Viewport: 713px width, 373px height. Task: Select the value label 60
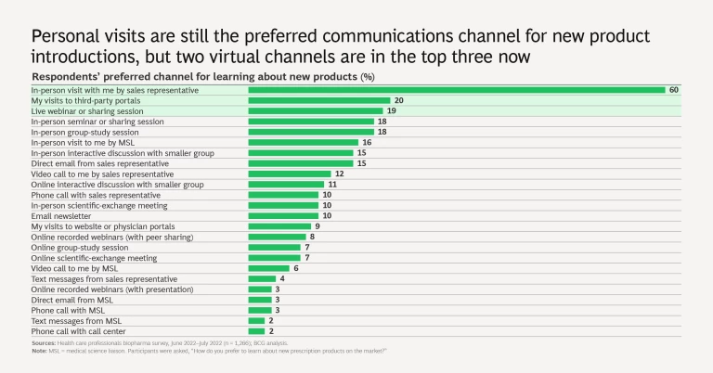point(675,90)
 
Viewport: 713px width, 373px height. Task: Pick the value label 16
point(367,142)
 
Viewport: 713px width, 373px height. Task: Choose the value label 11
point(332,184)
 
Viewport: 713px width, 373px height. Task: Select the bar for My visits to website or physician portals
point(279,225)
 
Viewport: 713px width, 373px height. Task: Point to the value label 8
point(313,237)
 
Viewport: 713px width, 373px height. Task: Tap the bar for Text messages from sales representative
point(262,278)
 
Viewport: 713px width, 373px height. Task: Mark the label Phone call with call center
point(82,330)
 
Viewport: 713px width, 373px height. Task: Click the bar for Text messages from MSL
point(255,320)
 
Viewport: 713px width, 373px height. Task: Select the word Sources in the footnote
point(43,343)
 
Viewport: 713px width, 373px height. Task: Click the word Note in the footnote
point(39,350)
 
